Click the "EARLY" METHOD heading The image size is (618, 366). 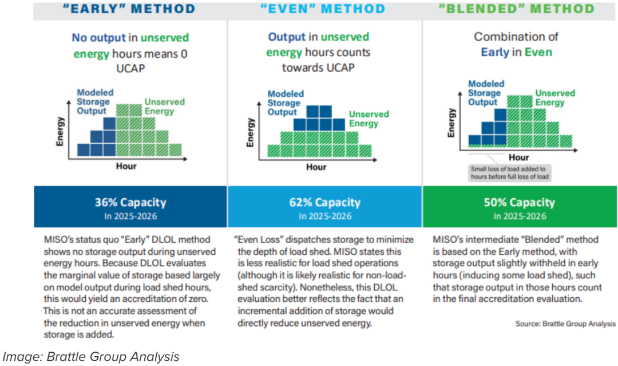[x=130, y=9]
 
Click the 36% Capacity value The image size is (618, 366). [x=130, y=202]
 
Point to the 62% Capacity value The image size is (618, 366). [x=324, y=202]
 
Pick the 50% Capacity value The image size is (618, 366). [x=520, y=202]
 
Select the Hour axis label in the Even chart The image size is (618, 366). [x=316, y=167]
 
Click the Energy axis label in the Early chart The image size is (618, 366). [x=60, y=132]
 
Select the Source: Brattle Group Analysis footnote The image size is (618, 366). [x=565, y=324]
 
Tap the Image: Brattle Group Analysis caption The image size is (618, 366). [x=91, y=357]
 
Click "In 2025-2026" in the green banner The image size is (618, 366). [x=520, y=216]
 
